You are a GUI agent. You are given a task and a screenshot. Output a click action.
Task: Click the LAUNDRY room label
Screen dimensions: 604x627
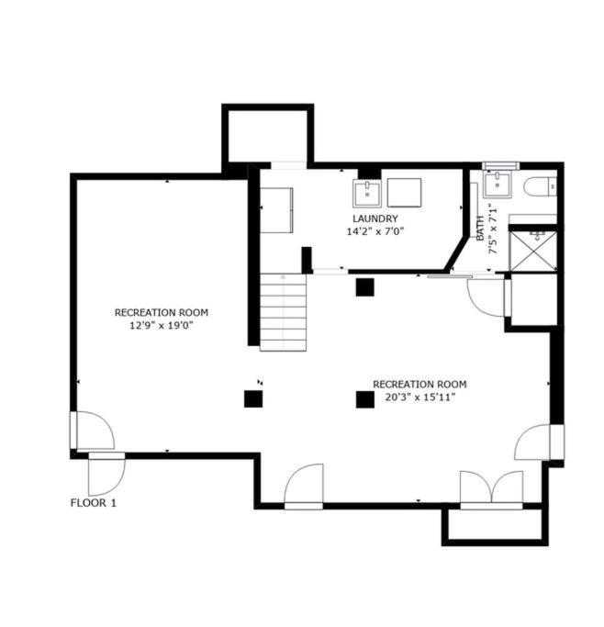(375, 218)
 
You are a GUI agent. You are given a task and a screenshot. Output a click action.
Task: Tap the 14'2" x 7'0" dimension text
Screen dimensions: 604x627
(375, 231)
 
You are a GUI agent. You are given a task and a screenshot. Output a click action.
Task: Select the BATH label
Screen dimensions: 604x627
(480, 228)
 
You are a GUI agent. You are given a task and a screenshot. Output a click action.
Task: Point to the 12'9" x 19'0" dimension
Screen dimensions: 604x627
(162, 326)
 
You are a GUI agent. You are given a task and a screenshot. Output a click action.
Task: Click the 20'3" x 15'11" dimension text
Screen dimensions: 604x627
(419, 397)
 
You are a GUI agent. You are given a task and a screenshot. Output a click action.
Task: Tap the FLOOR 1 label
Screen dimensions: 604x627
(93, 503)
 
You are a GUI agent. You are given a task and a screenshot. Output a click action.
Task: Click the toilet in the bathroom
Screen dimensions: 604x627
(540, 186)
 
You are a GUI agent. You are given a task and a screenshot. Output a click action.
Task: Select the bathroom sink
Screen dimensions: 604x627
(498, 185)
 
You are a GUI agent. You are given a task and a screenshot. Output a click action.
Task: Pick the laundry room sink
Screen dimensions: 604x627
(367, 193)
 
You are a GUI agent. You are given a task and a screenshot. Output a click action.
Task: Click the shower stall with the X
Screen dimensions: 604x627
(533, 252)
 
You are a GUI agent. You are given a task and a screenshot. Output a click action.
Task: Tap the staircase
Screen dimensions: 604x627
(284, 313)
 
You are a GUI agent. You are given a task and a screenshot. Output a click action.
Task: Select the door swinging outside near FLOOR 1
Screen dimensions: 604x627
(106, 475)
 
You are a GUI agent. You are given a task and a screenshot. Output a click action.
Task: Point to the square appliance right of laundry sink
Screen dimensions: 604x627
(404, 193)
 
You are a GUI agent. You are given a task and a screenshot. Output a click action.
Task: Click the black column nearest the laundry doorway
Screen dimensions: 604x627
(365, 287)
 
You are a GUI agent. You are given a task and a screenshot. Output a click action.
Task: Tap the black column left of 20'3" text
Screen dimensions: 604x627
(365, 399)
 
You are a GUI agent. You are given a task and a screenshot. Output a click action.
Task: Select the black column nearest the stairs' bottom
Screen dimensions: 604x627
(253, 398)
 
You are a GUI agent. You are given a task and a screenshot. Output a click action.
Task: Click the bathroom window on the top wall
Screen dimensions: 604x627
(500, 165)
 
